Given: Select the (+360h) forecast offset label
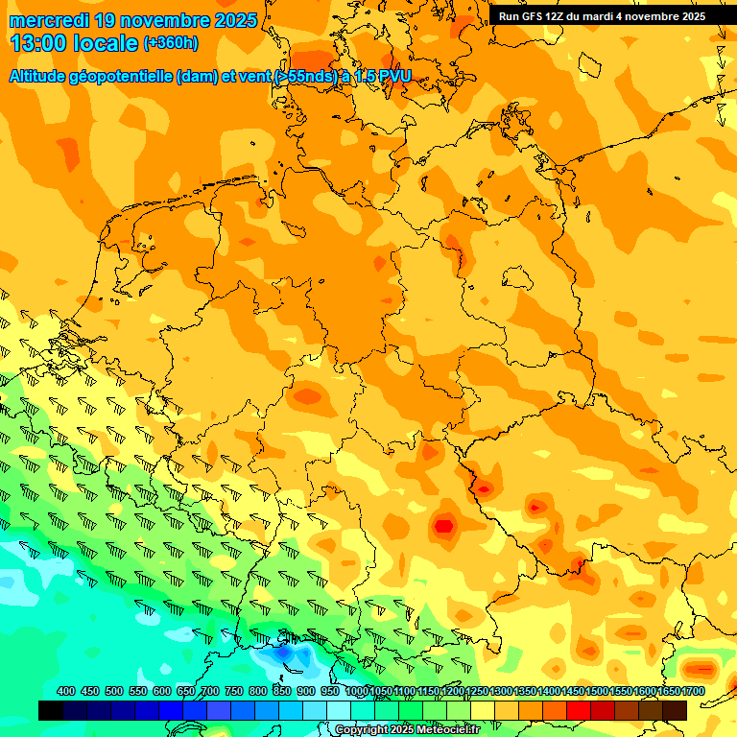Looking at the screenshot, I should pos(172,43).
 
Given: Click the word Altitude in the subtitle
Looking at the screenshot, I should pos(45,76).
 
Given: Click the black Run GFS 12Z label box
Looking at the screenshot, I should pos(602,16).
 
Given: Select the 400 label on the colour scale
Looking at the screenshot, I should pos(66,691).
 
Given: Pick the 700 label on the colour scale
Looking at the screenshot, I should pos(210,691).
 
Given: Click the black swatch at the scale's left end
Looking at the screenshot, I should pos(50,710).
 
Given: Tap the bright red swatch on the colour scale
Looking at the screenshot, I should pos(579,710).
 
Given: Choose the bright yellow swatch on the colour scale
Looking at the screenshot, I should pos(483,710).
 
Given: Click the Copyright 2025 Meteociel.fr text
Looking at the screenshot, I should pos(407,729).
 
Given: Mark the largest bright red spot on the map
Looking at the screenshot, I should pos(443,525).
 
